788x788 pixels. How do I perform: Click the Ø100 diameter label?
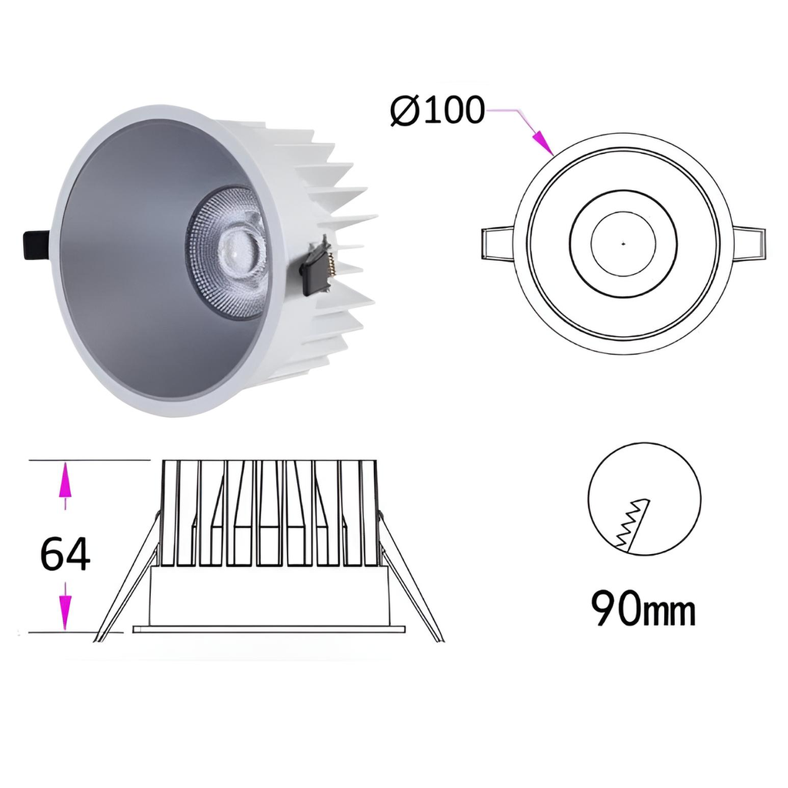[437, 110]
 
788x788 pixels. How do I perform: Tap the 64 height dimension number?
[65, 554]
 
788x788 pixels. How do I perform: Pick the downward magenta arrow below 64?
[65, 606]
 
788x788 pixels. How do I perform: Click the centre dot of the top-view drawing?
[623, 244]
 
